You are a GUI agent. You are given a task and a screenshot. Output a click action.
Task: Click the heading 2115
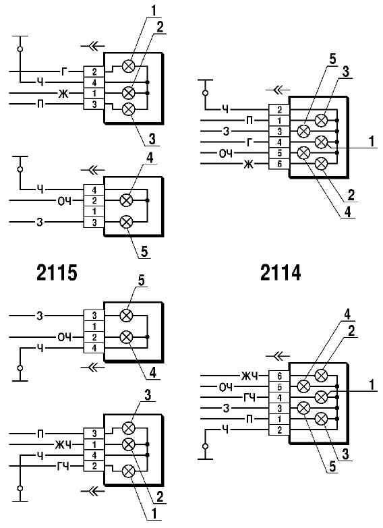coord(57,272)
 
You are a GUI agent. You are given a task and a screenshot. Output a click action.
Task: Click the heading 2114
coord(281,272)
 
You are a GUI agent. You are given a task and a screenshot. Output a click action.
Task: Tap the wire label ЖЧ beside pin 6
coord(249,376)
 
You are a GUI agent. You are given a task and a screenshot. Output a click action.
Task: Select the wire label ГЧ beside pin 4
coord(249,398)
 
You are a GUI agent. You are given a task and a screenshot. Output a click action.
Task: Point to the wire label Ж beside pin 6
coord(249,165)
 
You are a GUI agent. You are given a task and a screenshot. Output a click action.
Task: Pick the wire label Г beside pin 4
coord(249,142)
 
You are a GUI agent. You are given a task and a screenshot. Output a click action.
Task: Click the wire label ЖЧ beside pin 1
coord(63,445)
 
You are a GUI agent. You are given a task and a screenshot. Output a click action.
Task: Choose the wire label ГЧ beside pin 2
coord(63,467)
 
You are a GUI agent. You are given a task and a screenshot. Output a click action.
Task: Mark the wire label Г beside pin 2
coord(64,71)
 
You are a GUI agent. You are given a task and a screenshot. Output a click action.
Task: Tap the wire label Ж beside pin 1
coord(63,93)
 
